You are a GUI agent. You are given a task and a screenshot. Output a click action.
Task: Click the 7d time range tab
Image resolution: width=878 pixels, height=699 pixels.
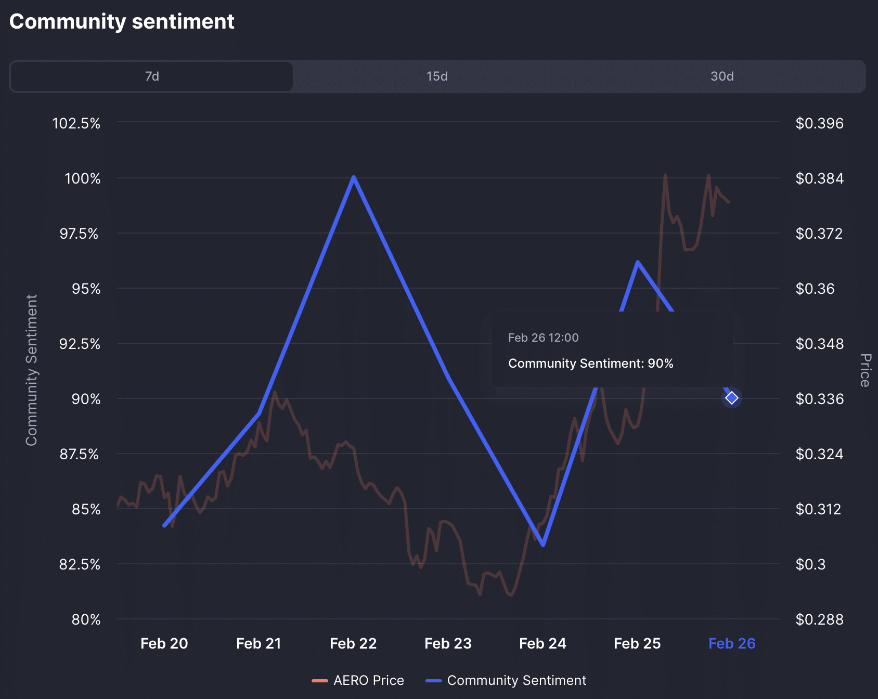pos(152,76)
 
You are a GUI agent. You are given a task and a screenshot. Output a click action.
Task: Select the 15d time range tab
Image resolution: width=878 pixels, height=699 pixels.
pos(437,76)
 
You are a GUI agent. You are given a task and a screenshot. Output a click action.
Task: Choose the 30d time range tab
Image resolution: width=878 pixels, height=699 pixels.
pos(722,76)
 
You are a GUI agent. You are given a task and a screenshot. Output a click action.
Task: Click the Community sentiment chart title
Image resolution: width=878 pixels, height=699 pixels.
pos(122,22)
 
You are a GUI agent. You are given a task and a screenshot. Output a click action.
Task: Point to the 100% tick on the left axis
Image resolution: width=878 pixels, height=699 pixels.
pos(82,179)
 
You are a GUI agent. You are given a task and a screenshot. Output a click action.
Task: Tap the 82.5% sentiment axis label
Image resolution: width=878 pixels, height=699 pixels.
pos(80,564)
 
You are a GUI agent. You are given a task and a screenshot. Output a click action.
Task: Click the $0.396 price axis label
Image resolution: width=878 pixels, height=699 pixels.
pos(819,124)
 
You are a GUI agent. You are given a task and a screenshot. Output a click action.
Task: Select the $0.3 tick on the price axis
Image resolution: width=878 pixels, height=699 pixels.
pos(810,564)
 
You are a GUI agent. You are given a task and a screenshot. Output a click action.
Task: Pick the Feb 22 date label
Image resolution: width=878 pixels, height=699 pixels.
pos(353,644)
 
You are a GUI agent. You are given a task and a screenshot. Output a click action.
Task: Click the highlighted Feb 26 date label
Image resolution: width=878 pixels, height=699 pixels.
pos(732,644)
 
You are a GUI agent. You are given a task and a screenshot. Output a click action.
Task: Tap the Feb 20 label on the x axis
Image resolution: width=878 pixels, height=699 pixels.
pos(164,644)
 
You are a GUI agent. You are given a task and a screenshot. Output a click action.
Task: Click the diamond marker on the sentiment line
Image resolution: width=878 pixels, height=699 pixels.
pos(732,398)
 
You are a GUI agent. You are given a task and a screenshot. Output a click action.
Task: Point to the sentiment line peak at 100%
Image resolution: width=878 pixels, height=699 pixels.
pos(354,178)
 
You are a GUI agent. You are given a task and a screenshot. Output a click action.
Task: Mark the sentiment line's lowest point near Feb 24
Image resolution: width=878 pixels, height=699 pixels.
pos(543,545)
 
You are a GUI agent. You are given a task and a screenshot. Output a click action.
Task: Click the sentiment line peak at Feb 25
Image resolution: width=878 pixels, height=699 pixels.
pos(638,262)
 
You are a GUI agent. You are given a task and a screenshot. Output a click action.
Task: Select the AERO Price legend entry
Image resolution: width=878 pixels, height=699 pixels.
pos(358,680)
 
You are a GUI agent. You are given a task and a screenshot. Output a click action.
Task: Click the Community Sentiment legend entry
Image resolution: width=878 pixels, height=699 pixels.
pos(506,680)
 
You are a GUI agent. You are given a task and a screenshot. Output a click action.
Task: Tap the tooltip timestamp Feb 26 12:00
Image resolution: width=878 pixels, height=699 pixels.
pos(543,338)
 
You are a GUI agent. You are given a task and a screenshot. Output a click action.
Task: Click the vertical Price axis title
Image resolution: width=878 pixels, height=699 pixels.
pos(865,370)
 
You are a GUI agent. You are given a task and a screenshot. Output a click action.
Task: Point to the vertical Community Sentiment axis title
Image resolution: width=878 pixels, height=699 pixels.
pos(32,370)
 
